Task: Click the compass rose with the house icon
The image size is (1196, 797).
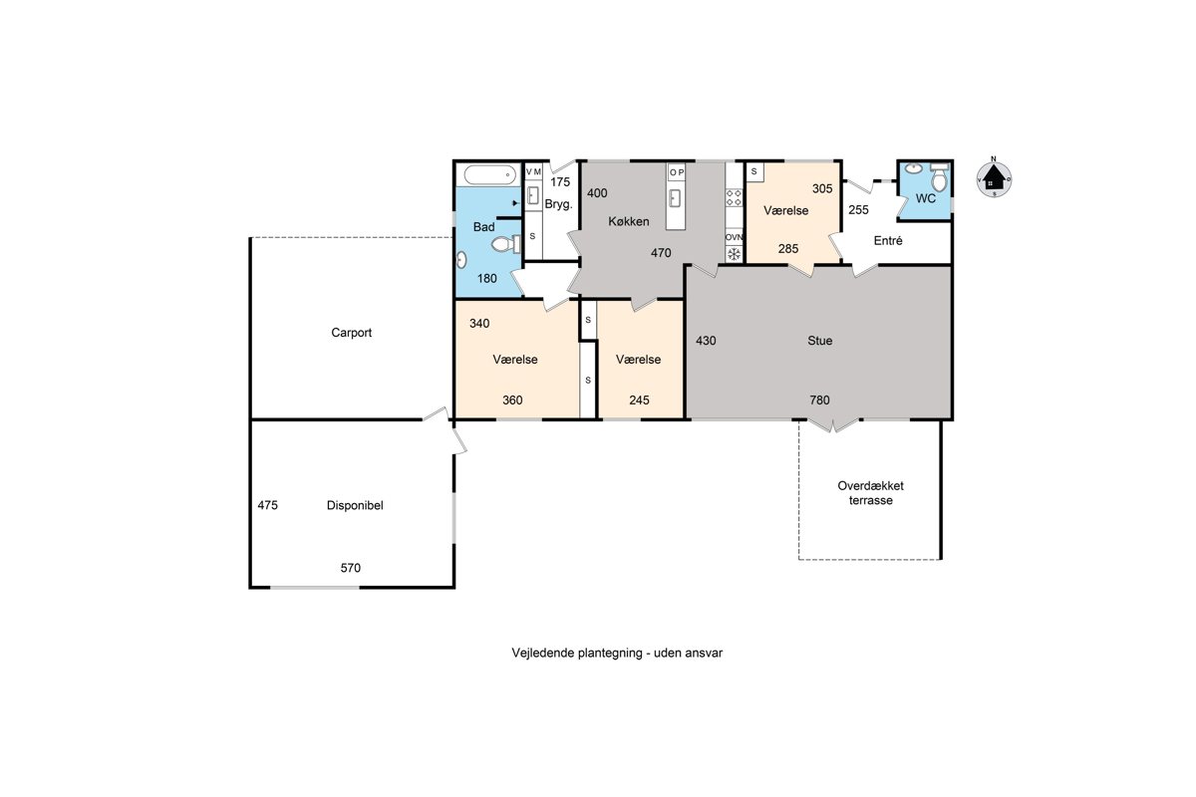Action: pos(994,178)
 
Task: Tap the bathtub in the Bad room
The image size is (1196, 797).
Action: pos(490,174)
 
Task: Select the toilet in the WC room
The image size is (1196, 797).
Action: pos(939,177)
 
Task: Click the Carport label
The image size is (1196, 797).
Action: pos(351,333)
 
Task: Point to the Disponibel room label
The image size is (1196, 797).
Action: pos(355,505)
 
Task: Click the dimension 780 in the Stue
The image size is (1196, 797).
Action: pos(819,399)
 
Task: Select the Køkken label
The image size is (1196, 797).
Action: pos(629,221)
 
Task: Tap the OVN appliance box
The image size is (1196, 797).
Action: pos(735,237)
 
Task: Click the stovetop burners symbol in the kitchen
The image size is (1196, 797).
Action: pos(735,197)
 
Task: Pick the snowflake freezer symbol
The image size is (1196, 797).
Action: pos(735,254)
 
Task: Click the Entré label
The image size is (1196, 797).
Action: pos(888,241)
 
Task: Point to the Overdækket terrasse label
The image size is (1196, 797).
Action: pos(870,493)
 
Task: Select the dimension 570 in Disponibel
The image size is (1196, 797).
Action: pos(350,568)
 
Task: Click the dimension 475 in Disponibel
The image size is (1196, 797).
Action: pos(267,505)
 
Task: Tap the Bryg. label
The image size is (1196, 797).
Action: pos(558,204)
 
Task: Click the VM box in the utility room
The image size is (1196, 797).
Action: pos(533,172)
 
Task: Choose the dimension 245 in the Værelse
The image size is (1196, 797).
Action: pos(639,399)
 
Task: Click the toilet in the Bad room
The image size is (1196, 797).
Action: pos(505,244)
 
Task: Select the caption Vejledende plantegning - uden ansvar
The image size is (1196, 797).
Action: pos(617,653)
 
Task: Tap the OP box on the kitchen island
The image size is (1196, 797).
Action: pos(677,172)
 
